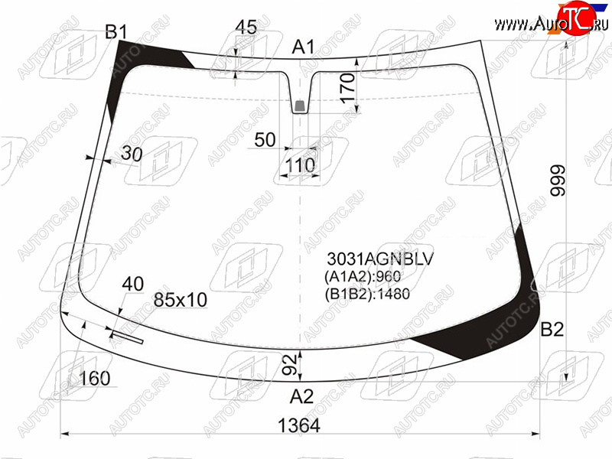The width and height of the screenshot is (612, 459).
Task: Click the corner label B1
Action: click(116, 31)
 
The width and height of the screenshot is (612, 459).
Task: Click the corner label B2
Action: click(552, 330)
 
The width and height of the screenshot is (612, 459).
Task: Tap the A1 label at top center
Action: click(303, 47)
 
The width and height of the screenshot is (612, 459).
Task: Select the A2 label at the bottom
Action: click(301, 396)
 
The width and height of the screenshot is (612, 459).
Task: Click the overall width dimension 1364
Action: click(299, 425)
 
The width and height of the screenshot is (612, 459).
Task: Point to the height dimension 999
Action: click(558, 181)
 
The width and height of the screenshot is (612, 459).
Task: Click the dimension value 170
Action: click(348, 88)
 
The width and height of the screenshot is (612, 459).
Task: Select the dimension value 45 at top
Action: click(246, 27)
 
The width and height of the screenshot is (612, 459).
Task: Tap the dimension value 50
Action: click(265, 140)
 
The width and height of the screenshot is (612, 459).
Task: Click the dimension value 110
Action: click(300, 165)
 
